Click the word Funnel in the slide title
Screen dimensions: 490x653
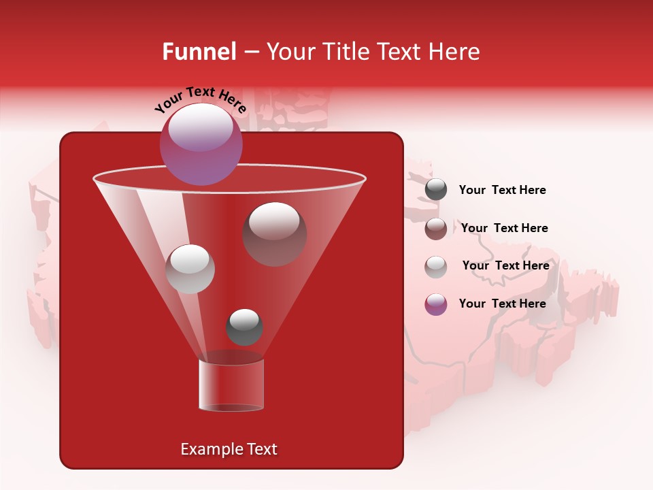coord(199,52)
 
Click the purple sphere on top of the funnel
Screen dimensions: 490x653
coord(201,144)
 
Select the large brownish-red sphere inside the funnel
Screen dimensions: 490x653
coord(275,234)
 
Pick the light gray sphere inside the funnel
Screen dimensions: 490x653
coord(190,269)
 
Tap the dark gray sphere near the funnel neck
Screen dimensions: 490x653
coord(244,327)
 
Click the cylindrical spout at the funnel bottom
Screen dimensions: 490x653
coord(231,385)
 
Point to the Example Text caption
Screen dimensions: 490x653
coord(229,449)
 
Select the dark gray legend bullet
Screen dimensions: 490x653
coord(436,190)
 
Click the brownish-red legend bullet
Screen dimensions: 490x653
coord(436,229)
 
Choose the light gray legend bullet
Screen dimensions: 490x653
coord(436,267)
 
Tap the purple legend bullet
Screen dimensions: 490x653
coord(436,304)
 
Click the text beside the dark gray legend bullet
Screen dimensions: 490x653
coord(502,190)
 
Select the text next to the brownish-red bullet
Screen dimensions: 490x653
coord(504,228)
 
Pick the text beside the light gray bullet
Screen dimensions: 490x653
coord(505,265)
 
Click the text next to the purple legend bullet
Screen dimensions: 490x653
coord(502,304)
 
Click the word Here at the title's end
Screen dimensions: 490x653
coord(457,52)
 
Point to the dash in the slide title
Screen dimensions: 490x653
coord(250,52)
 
